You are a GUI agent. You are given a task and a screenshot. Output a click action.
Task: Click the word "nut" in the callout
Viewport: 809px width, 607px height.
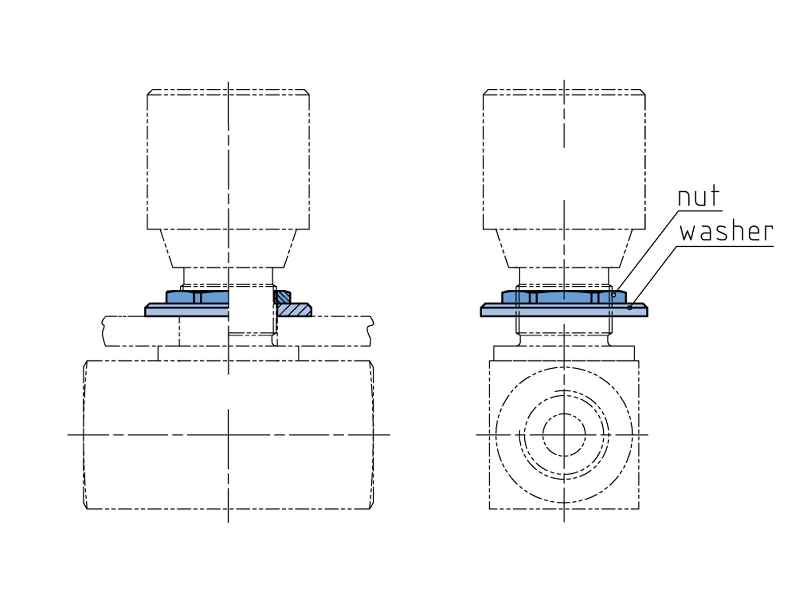[x=698, y=196]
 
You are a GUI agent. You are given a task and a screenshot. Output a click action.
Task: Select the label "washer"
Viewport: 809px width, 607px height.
[x=727, y=232]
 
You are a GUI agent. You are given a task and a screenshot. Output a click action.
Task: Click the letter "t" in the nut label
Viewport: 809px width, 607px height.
[x=714, y=195]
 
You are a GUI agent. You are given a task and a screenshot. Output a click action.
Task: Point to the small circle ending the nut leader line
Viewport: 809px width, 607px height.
[x=614, y=295]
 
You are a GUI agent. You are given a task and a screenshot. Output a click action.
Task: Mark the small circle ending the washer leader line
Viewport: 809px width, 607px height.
[x=630, y=308]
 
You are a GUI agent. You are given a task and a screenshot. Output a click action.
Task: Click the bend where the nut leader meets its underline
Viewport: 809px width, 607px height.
[x=678, y=211]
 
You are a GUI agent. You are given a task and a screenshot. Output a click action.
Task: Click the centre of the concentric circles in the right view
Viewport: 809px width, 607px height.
[x=564, y=435]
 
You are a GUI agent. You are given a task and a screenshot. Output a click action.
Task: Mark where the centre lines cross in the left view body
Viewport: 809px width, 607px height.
[x=228, y=435]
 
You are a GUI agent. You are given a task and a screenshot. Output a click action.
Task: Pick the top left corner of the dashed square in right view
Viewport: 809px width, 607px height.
[x=489, y=361]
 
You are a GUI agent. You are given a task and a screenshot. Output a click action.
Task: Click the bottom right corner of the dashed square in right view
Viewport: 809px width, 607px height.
[x=639, y=509]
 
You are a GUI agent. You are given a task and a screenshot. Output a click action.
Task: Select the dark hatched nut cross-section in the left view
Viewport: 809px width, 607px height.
[x=283, y=297]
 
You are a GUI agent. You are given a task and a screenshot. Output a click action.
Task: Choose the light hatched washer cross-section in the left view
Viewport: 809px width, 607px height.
[x=294, y=310]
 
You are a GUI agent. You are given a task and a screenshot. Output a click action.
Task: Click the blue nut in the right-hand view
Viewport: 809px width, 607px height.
[x=564, y=297]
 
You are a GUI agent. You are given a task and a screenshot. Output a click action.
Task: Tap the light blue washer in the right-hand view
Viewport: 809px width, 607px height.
[x=564, y=310]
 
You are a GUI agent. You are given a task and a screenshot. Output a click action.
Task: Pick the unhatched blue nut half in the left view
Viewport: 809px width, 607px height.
[x=197, y=297]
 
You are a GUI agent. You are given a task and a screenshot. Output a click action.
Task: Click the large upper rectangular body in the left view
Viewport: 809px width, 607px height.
[x=228, y=159]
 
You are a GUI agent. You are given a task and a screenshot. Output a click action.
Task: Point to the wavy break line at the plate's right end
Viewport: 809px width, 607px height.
[x=371, y=331]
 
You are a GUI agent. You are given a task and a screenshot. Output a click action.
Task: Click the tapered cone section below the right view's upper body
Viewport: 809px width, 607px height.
[x=564, y=248]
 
